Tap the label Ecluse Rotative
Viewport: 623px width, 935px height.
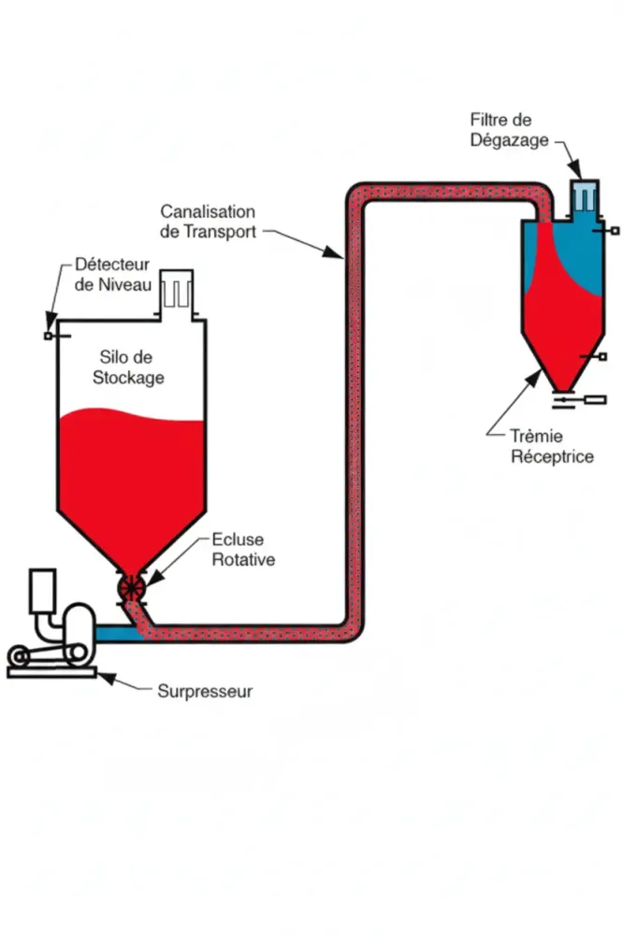pos(239,550)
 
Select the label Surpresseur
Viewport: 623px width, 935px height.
pos(205,692)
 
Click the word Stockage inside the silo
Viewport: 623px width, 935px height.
pos(131,378)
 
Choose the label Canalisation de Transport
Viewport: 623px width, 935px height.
pos(207,222)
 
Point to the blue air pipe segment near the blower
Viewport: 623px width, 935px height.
pos(114,634)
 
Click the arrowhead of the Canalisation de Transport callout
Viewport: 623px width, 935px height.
pos(340,256)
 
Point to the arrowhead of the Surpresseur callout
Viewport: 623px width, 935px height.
pos(101,676)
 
